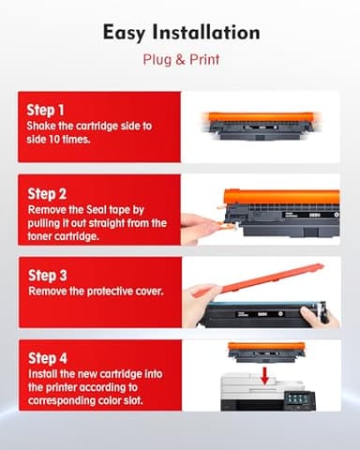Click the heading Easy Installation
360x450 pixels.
point(180,34)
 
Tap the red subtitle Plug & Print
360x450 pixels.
point(180,61)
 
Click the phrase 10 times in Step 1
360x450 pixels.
point(71,141)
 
